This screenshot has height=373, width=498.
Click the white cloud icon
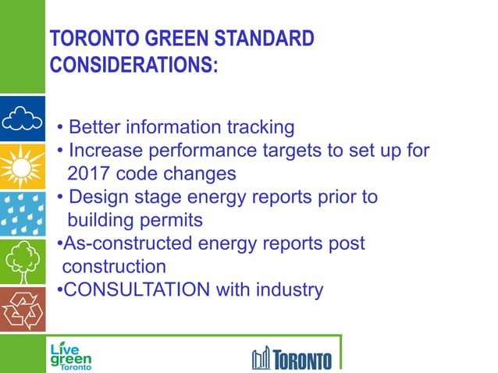coord(22,119)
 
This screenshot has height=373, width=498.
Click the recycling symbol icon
coord(22,309)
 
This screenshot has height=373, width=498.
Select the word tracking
coord(260,126)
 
